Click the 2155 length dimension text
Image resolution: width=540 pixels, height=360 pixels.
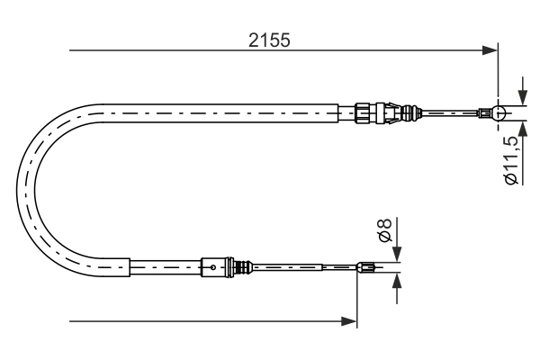tap(269, 40)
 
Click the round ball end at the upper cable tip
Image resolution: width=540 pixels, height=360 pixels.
tap(499, 113)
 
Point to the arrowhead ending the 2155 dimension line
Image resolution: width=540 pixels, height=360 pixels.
tap(490, 49)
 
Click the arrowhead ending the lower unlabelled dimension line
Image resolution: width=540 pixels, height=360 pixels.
tap(350, 319)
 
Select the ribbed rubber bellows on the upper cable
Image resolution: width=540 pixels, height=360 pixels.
tap(412, 113)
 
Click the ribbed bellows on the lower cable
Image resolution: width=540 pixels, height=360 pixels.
tap(240, 266)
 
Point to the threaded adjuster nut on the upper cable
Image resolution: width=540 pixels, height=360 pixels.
tap(363, 113)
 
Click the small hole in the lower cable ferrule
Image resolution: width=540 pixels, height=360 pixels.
tap(211, 266)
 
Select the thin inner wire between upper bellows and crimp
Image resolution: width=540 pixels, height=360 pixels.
tap(450, 113)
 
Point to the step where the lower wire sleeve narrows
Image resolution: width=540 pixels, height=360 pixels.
tap(322, 266)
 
